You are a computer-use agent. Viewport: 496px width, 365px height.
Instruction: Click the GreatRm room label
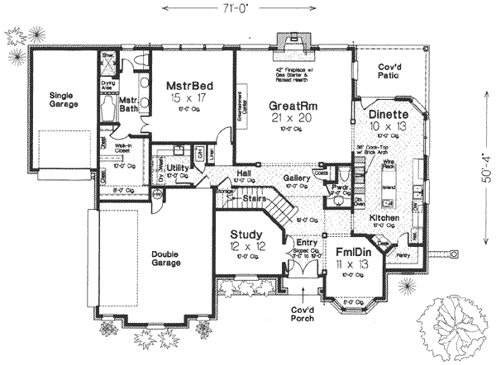pyautogui.click(x=289, y=107)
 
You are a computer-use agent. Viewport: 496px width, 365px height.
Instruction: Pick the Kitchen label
pyautogui.click(x=385, y=217)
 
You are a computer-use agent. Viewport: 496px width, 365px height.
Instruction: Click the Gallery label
pyautogui.click(x=296, y=178)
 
